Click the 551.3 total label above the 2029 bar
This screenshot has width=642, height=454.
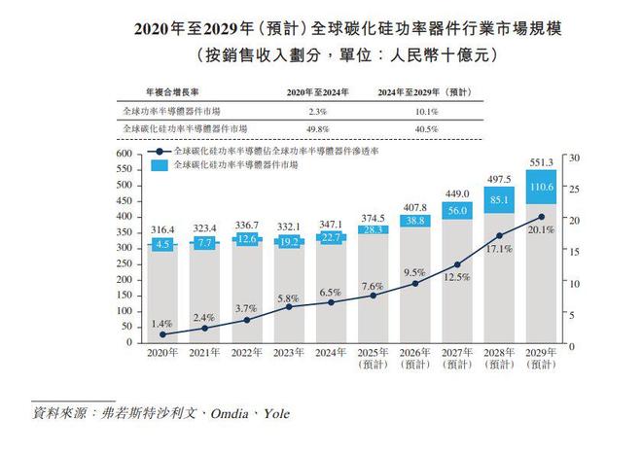tap(540, 163)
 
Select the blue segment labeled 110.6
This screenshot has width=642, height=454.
tap(540, 187)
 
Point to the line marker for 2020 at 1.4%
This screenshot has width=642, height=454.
tap(162, 334)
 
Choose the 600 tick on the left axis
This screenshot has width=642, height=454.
tap(123, 155)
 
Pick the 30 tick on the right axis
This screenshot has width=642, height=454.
tap(574, 157)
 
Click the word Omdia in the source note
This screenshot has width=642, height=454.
tap(219, 412)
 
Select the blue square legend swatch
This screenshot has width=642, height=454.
tap(161, 166)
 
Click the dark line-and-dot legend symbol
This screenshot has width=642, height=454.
tap(161, 153)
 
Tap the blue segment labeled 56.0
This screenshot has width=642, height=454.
tap(457, 210)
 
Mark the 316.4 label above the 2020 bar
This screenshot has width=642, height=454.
tap(162, 229)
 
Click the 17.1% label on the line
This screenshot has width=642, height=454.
tap(499, 250)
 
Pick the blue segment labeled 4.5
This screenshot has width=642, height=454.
tap(162, 245)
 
